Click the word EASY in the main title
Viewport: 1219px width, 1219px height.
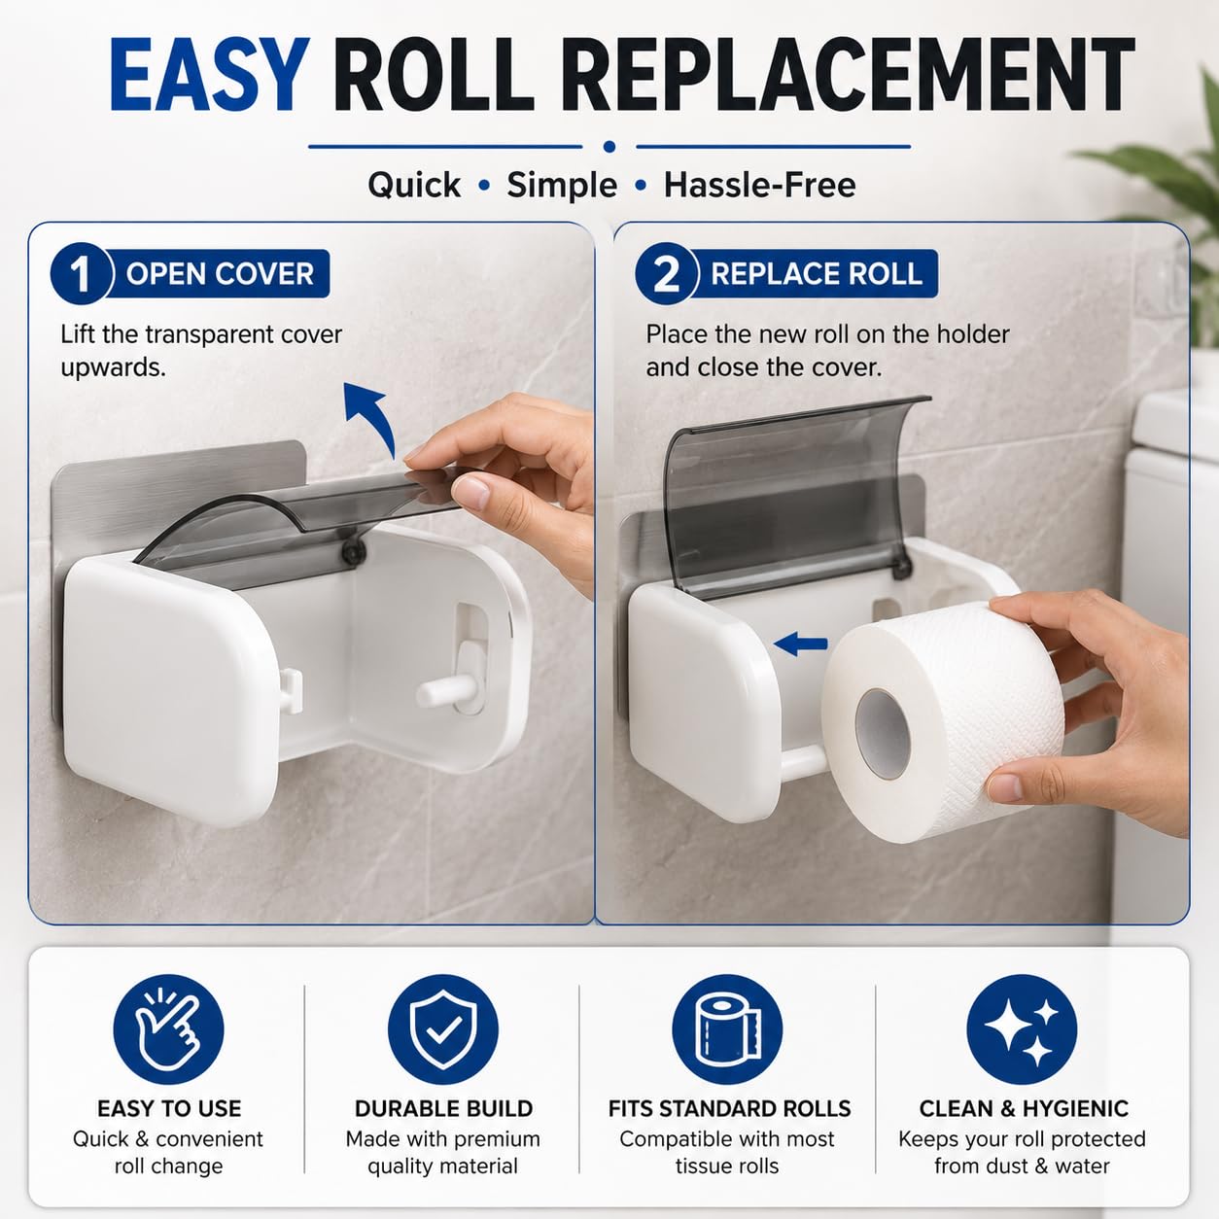(x=209, y=75)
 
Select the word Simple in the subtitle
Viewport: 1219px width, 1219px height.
(x=562, y=186)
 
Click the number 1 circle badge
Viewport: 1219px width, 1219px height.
(x=81, y=273)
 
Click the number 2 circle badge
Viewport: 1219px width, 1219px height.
(x=666, y=273)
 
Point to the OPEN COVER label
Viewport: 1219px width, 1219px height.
(x=220, y=274)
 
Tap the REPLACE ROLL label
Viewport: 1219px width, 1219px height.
(x=816, y=274)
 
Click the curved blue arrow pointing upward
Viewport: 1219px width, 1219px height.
(x=373, y=415)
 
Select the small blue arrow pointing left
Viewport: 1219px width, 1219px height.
(x=800, y=644)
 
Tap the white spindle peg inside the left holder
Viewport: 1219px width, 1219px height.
(x=444, y=692)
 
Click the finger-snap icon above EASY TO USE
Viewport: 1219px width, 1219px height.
(x=168, y=1029)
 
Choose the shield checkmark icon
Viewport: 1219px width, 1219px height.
(x=443, y=1029)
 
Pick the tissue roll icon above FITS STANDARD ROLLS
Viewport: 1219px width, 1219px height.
(x=727, y=1029)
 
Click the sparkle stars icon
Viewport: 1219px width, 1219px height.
(x=1022, y=1029)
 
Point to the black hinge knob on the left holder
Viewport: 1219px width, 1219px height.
(x=352, y=552)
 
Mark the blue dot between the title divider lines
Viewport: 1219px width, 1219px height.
(x=609, y=147)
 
